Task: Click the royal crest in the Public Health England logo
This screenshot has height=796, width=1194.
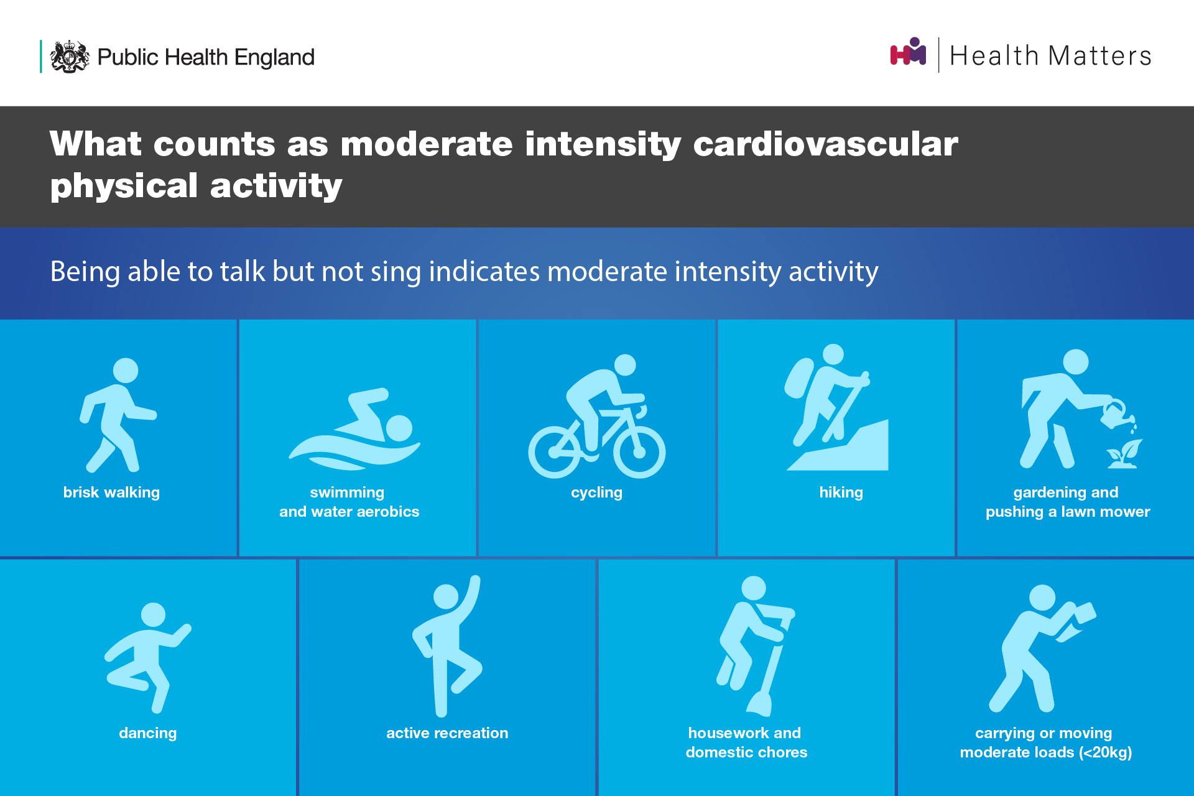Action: pos(70,57)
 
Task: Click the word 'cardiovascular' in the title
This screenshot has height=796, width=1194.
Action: pos(825,144)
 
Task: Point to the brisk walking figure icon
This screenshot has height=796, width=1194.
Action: pos(118,415)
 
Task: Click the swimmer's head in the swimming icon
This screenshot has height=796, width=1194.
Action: pos(399,428)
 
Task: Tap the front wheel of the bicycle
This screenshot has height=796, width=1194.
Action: pos(639,451)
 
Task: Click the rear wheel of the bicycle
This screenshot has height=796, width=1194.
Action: pos(555,451)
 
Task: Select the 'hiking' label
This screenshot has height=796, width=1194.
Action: pos(841,493)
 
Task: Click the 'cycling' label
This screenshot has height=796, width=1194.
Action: pos(596,493)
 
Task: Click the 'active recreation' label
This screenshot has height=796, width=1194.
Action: pos(447,733)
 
